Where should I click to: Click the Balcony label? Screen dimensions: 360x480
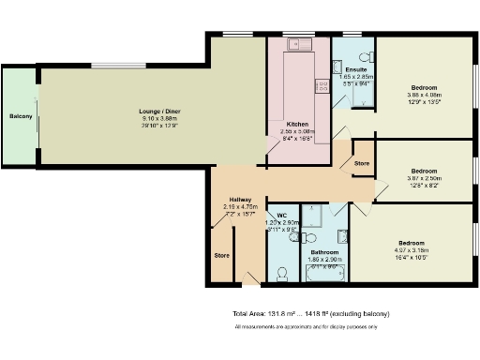[x=21, y=116]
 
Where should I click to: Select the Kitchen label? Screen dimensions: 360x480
[x=297, y=125]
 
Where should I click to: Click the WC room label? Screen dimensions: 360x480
[x=280, y=215]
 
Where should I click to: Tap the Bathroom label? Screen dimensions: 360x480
[x=324, y=251]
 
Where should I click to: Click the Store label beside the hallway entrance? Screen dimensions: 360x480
[x=222, y=255]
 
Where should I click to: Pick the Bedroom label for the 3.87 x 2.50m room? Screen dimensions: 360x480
[x=424, y=172]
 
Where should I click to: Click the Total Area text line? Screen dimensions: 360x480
[x=310, y=313]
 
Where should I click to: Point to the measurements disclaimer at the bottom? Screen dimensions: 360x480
[x=306, y=326]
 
